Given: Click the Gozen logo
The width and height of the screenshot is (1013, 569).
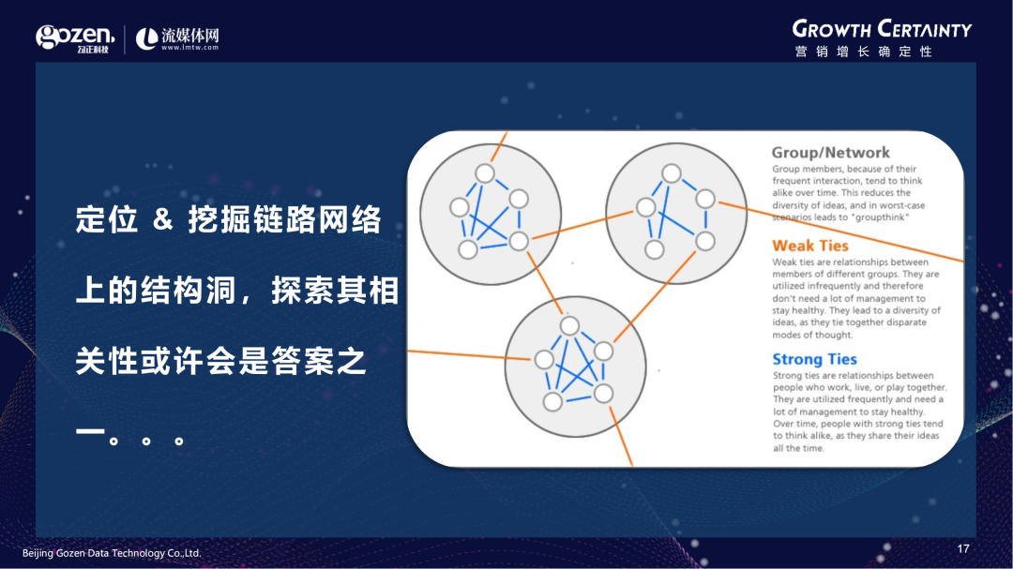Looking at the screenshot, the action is point(75,38).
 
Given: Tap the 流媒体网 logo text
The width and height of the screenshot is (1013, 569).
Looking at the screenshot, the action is point(190,35).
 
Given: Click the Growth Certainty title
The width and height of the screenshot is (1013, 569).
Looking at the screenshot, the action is point(882,29).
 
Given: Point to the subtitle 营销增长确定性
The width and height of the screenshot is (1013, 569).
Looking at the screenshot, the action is point(864,52).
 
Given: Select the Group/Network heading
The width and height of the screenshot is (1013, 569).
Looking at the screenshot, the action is point(831,153).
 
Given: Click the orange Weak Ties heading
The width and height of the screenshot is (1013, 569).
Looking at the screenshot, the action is point(810,246).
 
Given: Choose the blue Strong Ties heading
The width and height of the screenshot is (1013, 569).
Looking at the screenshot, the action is point(815,359).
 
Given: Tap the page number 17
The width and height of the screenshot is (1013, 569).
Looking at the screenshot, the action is point(963,549).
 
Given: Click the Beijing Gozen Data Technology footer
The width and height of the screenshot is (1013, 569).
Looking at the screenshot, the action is point(112,553).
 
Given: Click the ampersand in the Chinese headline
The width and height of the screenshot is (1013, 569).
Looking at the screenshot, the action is point(163,219).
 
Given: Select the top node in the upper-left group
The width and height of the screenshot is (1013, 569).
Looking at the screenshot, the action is point(485,173).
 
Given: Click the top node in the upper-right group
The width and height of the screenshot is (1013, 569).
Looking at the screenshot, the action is point(672,173).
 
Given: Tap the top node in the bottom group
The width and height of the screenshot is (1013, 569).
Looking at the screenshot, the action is point(569,325).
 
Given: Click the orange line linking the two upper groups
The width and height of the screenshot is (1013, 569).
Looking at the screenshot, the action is point(582,225).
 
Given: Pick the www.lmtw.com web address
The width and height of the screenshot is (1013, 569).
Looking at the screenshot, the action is point(189,47).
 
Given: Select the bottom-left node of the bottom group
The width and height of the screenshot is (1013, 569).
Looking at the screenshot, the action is point(553,402).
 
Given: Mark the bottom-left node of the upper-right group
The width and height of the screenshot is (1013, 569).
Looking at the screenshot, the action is point(655,249).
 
